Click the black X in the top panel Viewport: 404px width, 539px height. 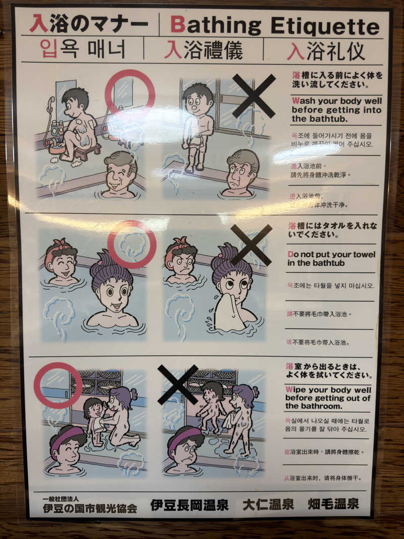click(x=254, y=95)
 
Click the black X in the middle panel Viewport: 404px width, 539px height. click(x=251, y=244)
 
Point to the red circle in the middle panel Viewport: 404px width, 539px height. click(x=132, y=244)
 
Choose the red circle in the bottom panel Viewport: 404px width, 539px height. click(x=58, y=385)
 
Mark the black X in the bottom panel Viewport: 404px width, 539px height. click(x=178, y=384)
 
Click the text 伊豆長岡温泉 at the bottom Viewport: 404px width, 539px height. click(x=189, y=505)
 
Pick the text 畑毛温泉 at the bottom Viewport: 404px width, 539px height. click(x=333, y=504)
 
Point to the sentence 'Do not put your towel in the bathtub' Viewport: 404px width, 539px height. click(x=331, y=259)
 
